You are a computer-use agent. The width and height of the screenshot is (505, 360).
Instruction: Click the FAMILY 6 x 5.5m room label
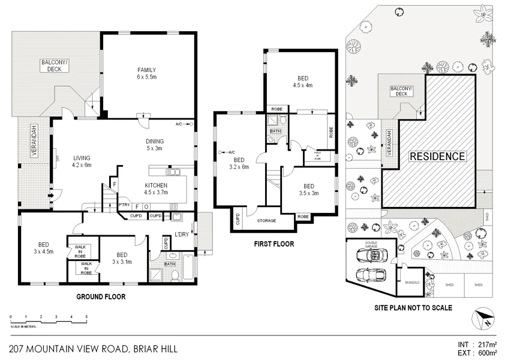pyautogui.click(x=146, y=74)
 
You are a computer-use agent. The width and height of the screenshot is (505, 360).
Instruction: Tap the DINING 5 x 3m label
pyautogui.click(x=155, y=145)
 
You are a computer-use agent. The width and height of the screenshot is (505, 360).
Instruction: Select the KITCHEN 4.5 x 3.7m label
pyautogui.click(x=157, y=189)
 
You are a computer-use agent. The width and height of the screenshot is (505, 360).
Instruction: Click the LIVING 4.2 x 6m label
pyautogui.click(x=81, y=161)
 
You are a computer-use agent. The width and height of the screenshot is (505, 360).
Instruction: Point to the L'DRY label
pyautogui.click(x=182, y=234)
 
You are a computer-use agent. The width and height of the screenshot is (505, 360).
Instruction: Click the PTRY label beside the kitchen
pyautogui.click(x=125, y=205)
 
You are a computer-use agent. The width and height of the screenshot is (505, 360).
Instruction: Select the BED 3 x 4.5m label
pyautogui.click(x=44, y=248)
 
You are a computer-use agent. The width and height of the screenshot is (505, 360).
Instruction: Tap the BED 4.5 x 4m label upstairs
pyautogui.click(x=302, y=82)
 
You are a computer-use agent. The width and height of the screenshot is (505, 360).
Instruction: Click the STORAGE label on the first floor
pyautogui.click(x=266, y=221)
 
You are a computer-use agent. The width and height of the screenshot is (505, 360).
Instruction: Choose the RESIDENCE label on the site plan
pyautogui.click(x=437, y=157)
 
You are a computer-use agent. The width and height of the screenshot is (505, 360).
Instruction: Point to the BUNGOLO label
pyautogui.click(x=411, y=282)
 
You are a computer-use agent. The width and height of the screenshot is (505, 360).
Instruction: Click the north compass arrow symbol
pyautogui.click(x=483, y=319)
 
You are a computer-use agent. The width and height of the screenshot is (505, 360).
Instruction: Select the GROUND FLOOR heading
pyautogui.click(x=101, y=296)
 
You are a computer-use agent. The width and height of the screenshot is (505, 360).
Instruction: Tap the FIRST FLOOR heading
pyautogui.click(x=274, y=244)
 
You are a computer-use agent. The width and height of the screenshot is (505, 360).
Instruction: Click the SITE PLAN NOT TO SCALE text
pyautogui.click(x=413, y=308)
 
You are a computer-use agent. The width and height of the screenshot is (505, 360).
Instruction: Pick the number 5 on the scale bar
pyautogui.click(x=86, y=316)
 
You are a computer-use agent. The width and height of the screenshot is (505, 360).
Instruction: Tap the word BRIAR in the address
pyautogui.click(x=149, y=349)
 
